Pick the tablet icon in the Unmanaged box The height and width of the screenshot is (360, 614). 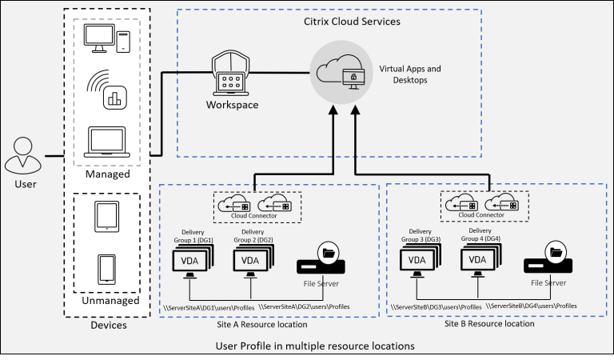click(106, 217)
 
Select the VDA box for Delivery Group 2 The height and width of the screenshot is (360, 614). click(251, 260)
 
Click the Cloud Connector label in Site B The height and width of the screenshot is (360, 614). click(482, 214)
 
